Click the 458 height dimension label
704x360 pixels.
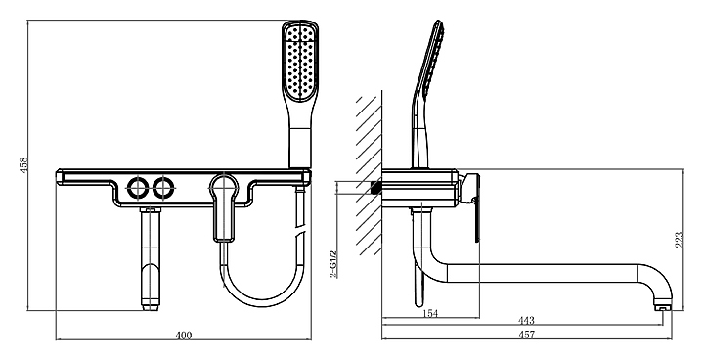click(24, 164)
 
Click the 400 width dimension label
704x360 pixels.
click(183, 336)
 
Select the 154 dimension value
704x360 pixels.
click(430, 313)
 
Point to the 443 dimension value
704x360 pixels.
click(526, 321)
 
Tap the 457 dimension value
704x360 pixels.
click(526, 335)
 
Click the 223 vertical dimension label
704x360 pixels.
click(680, 240)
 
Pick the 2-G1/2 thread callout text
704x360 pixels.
click(333, 264)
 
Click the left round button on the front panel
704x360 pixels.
click(137, 188)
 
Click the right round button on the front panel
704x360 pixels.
click(162, 188)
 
